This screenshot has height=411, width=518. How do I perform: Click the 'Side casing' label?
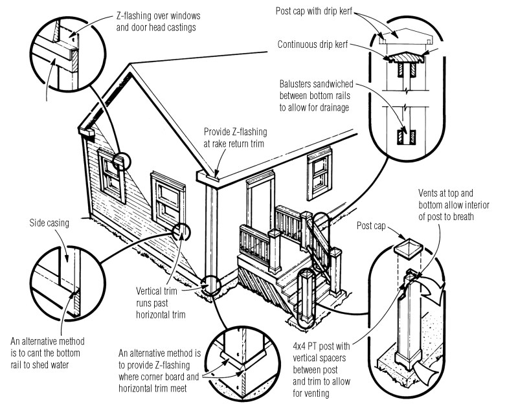point(49,223)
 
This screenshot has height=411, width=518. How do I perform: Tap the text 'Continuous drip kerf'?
point(313,45)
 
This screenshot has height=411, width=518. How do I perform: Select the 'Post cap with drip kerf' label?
point(314,11)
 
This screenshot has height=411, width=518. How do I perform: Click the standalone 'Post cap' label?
point(371,226)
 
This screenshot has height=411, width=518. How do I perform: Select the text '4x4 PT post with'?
point(321,346)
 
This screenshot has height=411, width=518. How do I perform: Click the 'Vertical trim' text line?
point(157,291)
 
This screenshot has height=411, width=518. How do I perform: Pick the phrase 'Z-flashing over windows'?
point(158,16)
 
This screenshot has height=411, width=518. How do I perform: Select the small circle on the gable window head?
point(121,161)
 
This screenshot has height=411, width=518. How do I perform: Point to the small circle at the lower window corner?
point(181,232)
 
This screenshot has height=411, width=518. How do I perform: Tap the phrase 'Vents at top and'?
point(445,194)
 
